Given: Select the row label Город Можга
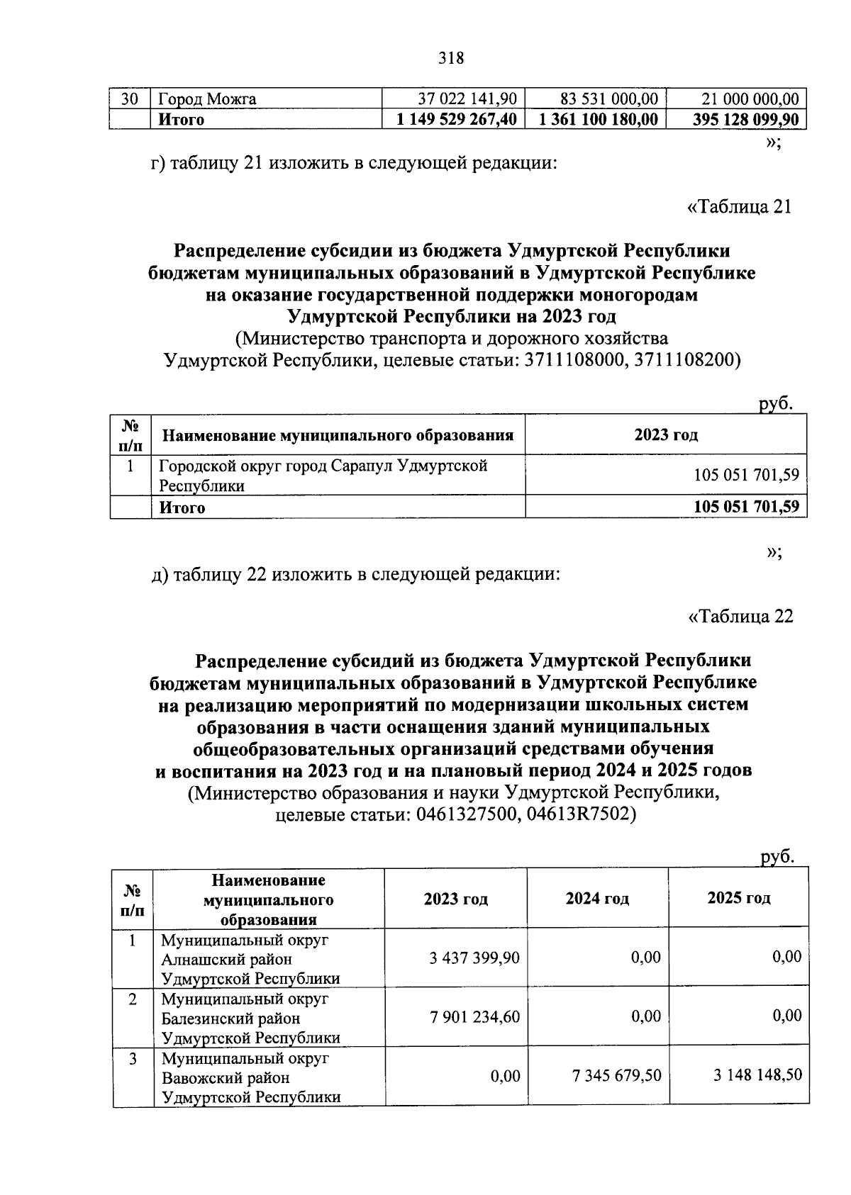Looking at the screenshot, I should click(x=208, y=99).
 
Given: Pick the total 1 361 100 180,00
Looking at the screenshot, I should click(x=599, y=119).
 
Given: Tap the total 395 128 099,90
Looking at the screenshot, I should click(x=745, y=119).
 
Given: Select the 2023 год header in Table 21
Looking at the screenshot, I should click(x=666, y=434).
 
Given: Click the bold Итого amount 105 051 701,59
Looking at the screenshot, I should click(x=746, y=507).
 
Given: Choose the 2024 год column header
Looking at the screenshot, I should click(x=597, y=899).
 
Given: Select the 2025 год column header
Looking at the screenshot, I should click(x=739, y=898).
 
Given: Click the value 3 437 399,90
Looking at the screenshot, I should click(x=474, y=958).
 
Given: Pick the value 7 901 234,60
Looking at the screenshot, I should click(x=474, y=1017).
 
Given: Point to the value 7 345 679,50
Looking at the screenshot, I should click(x=616, y=1076).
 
